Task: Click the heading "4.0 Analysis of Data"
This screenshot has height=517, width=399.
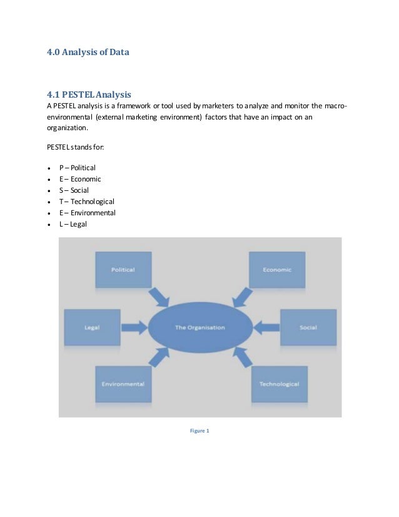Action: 88,53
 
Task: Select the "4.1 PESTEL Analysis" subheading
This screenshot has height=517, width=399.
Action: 89,95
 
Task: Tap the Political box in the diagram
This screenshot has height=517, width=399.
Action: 123,270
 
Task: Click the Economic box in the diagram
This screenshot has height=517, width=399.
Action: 276,270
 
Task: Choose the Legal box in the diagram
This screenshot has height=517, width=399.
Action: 93,327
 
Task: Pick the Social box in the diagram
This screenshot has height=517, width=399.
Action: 308,327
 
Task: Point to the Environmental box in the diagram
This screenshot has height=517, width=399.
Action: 123,383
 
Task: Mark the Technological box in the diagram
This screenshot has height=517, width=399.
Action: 279,383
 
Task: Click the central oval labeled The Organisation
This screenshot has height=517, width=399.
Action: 200,327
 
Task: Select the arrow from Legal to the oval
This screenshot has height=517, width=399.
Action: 134,326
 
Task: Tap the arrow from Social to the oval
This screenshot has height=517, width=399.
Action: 266,326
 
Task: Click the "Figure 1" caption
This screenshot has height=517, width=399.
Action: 200,430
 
